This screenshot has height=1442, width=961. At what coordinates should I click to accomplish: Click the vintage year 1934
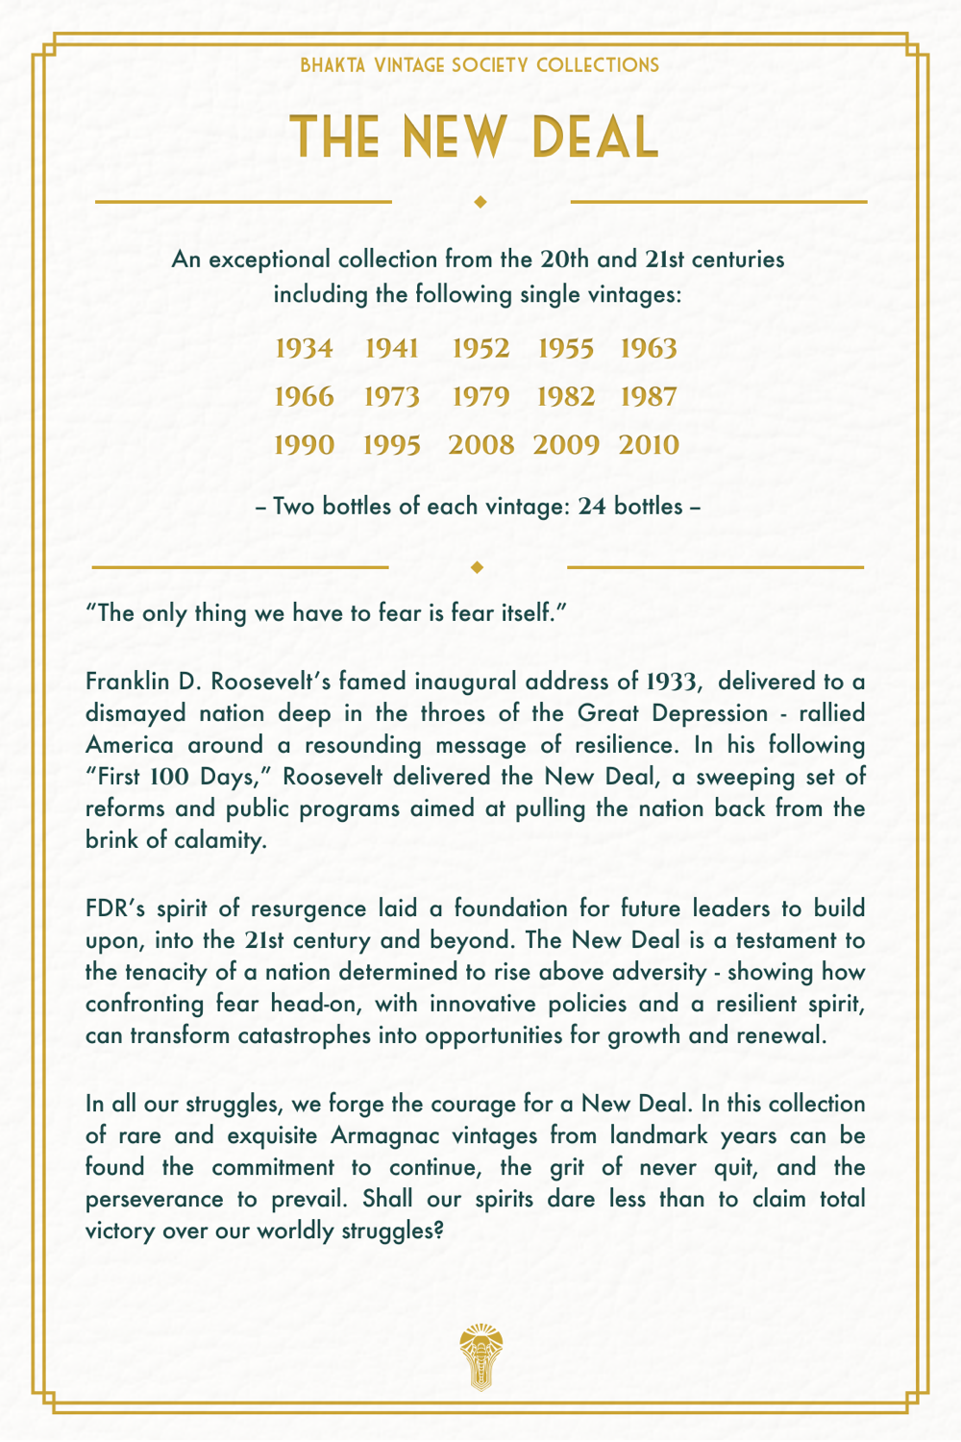coord(304,348)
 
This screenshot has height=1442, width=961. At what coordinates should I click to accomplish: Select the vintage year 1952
coord(480,348)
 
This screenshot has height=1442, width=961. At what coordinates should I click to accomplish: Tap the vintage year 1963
coord(649,348)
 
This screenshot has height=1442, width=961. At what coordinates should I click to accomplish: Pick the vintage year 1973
coord(391,396)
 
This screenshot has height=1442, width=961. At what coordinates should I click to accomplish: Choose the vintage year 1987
coord(649,396)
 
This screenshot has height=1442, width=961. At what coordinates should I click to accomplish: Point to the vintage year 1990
coord(304,444)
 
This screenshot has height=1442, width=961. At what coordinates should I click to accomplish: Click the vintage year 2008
coord(480,444)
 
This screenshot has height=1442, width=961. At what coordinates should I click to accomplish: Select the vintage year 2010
coord(649,444)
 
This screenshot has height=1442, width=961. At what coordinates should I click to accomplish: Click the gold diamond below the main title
coord(480,202)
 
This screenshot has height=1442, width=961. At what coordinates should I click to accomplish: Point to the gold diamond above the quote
coord(478,567)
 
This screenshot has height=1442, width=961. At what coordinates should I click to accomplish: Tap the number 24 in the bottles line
coord(592,506)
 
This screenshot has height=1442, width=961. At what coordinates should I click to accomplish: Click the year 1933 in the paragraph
coord(671,682)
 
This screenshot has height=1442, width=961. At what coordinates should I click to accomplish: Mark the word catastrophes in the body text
coord(261,1035)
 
